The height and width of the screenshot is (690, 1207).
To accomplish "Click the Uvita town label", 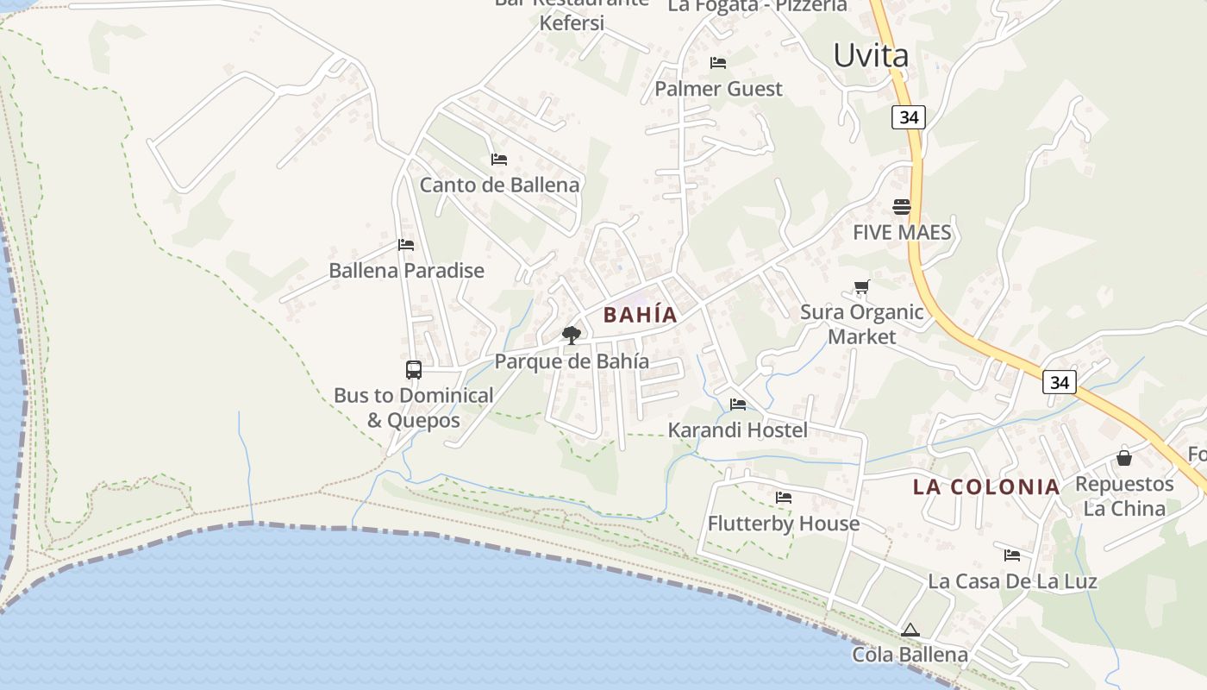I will pyautogui.click(x=871, y=56).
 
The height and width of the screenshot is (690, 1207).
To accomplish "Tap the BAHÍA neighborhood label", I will pyautogui.click(x=640, y=315).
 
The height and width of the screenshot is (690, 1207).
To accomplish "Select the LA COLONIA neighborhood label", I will pyautogui.click(x=986, y=486).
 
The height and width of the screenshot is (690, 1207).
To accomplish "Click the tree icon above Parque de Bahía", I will pyautogui.click(x=571, y=335).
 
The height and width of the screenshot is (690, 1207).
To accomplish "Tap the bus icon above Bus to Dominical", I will pyautogui.click(x=414, y=370).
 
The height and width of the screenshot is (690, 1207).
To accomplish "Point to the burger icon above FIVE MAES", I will pyautogui.click(x=902, y=207).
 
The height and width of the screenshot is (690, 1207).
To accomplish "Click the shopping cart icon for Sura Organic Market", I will pyautogui.click(x=861, y=287).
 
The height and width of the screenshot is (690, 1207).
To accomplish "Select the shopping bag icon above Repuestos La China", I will pyautogui.click(x=1124, y=457).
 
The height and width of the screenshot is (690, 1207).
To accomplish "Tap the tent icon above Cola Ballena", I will pyautogui.click(x=910, y=630).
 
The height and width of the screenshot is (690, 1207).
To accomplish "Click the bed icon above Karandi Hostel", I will pyautogui.click(x=738, y=404).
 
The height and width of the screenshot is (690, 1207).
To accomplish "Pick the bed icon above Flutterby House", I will pyautogui.click(x=784, y=498).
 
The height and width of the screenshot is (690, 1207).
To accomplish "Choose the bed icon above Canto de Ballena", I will pyautogui.click(x=499, y=160).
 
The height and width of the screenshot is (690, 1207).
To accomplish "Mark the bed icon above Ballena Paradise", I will pyautogui.click(x=406, y=245).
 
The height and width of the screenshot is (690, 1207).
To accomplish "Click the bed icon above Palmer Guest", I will pyautogui.click(x=718, y=63).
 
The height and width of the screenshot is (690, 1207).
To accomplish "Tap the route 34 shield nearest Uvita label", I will pyautogui.click(x=909, y=117).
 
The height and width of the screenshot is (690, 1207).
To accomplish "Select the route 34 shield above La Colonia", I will pyautogui.click(x=1059, y=381).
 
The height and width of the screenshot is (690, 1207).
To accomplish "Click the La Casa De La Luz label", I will pyautogui.click(x=1012, y=581).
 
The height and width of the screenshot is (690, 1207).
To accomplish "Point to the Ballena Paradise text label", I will pyautogui.click(x=406, y=271).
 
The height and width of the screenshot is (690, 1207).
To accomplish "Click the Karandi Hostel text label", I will pyautogui.click(x=738, y=430).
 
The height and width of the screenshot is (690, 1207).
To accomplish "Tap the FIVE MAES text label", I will pyautogui.click(x=902, y=232).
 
